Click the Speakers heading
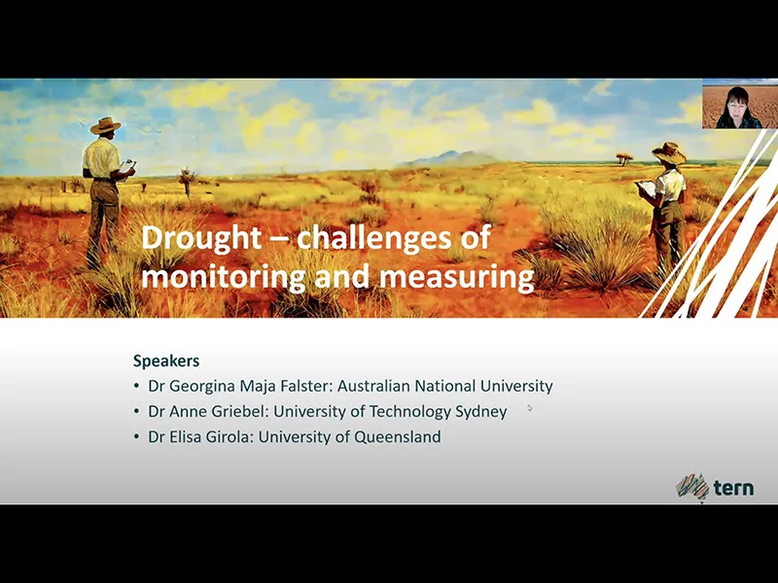[165, 360]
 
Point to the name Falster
[303, 386]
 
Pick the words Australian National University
[444, 386]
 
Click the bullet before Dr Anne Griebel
[137, 412]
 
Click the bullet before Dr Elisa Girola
[137, 437]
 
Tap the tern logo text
[733, 487]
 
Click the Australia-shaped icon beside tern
[692, 486]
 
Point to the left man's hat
[105, 125]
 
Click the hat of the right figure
[669, 152]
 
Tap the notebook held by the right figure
[645, 187]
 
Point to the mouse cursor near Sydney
[530, 408]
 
